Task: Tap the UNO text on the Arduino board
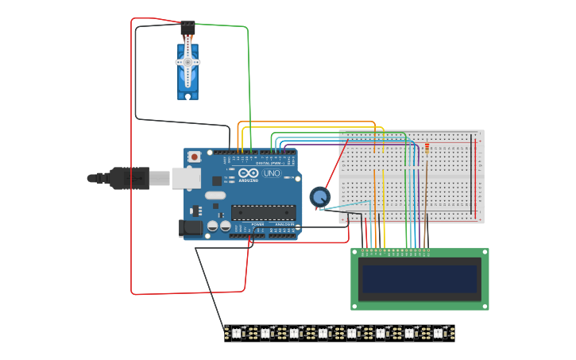pyautogui.click(x=272, y=173)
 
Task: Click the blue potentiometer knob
pyautogui.click(x=319, y=196)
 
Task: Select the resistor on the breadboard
pyautogui.click(x=427, y=147)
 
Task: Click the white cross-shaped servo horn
pyautogui.click(x=188, y=63)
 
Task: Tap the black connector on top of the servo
pyautogui.click(x=187, y=29)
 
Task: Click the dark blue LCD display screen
pyautogui.click(x=419, y=279)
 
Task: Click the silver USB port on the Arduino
pyautogui.click(x=186, y=178)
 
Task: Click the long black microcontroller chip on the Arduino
pyautogui.click(x=263, y=212)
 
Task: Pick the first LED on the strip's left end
pyautogui.click(x=237, y=333)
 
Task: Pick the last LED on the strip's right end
pyautogui.click(x=439, y=333)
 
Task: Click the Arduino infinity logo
pyautogui.click(x=248, y=173)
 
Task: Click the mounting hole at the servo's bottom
pyautogui.click(x=188, y=96)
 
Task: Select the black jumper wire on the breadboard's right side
pyautogui.click(x=471, y=175)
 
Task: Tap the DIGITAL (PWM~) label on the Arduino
pyautogui.click(x=268, y=163)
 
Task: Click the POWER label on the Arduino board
pyautogui.click(x=257, y=225)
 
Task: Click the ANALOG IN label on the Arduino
pyautogui.click(x=284, y=225)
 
